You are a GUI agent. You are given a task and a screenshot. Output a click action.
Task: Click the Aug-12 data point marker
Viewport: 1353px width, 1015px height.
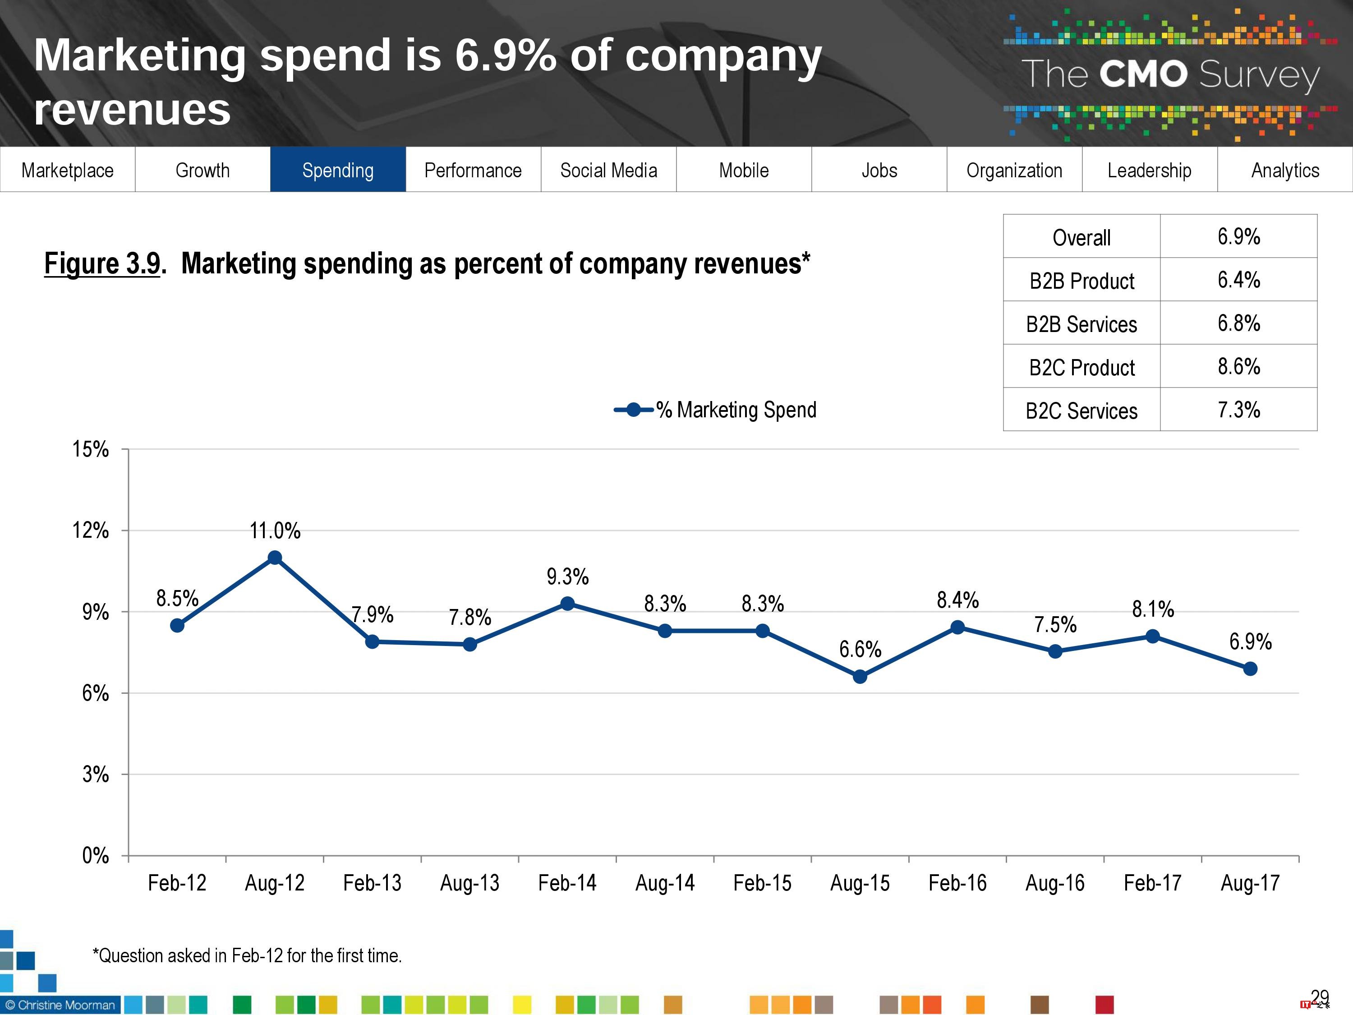click(x=275, y=558)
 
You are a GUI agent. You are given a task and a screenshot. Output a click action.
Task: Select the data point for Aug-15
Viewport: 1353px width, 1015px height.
click(x=860, y=676)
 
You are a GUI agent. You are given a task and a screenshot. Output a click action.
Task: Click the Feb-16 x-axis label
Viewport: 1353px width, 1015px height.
click(x=957, y=883)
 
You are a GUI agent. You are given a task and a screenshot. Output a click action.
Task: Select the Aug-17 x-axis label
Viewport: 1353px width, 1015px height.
click(x=1250, y=883)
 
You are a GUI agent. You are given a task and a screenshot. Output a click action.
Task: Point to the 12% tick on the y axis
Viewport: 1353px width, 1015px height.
click(x=91, y=530)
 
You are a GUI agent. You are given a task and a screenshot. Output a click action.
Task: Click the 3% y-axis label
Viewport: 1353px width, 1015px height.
click(x=96, y=774)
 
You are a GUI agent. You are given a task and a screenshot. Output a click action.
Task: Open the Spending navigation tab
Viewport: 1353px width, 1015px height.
click(x=338, y=170)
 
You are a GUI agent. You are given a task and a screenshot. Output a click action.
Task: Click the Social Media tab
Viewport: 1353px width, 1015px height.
click(x=608, y=170)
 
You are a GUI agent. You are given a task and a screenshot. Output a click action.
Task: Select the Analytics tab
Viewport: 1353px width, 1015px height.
click(x=1285, y=170)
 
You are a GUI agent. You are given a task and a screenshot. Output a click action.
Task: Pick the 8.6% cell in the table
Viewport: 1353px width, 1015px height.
click(x=1238, y=366)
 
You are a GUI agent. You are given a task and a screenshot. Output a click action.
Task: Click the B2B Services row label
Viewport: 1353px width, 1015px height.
click(x=1081, y=323)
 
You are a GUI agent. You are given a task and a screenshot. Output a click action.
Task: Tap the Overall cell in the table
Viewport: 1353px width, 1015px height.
click(x=1081, y=237)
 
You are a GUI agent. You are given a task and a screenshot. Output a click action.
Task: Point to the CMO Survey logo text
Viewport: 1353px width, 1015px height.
click(x=1169, y=74)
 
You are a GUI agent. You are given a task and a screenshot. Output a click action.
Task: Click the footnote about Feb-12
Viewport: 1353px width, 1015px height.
click(x=247, y=955)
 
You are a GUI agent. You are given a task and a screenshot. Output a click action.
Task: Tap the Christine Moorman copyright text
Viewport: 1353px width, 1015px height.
click(x=60, y=1005)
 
